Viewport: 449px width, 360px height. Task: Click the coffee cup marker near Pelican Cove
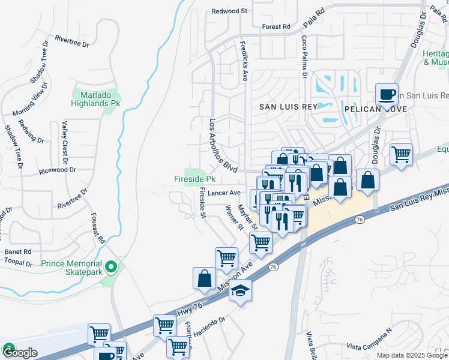(387, 94)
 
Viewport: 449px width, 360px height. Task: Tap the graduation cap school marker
(241, 291)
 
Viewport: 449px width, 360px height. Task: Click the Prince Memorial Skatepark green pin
(110, 266)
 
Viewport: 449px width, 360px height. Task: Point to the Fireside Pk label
(194, 179)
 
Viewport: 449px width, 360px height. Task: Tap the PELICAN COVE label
(376, 109)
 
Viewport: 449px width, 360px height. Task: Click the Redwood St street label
(230, 11)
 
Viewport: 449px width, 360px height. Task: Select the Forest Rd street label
(276, 26)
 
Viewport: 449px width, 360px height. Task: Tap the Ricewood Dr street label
(57, 170)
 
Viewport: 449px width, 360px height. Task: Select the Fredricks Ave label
(244, 61)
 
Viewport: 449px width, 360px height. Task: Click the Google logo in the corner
(19, 352)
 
